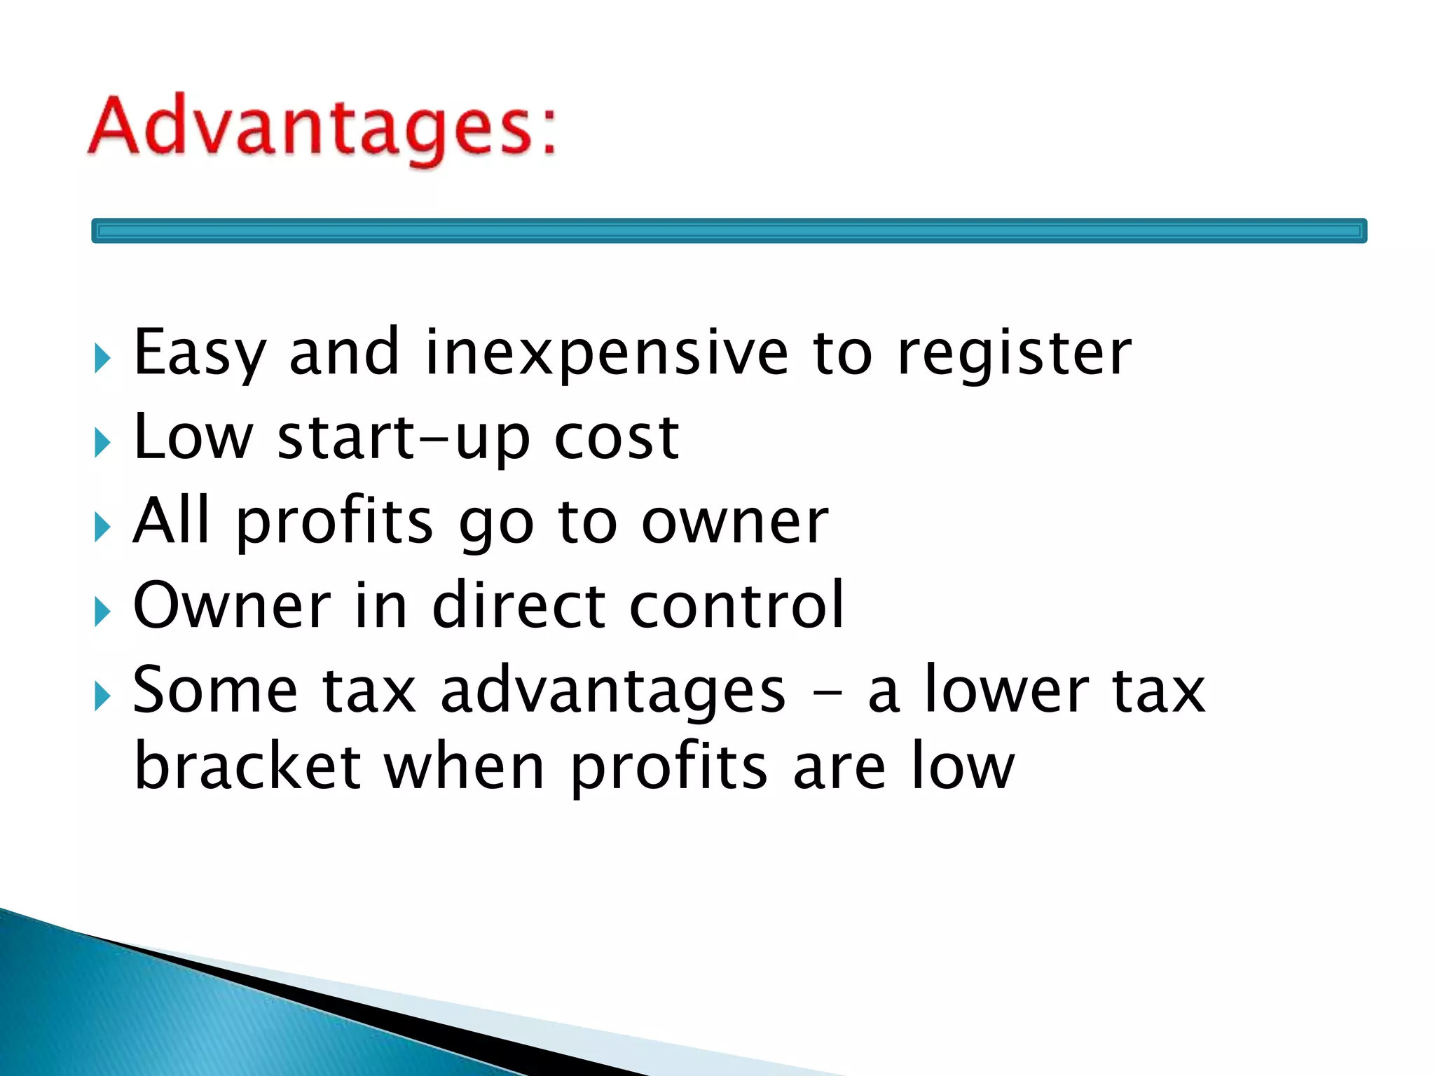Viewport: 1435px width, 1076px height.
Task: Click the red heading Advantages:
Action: [x=322, y=129]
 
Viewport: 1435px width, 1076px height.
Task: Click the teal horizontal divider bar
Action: [x=729, y=230]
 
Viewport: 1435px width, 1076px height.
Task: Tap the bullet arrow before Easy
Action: [x=102, y=359]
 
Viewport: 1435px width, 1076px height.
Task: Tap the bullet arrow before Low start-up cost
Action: [x=102, y=443]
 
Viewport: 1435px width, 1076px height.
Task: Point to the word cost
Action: [x=617, y=438]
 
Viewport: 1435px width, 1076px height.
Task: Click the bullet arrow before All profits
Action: [x=102, y=527]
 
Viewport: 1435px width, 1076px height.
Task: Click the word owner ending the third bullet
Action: [x=735, y=523]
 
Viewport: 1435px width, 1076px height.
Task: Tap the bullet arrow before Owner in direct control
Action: [x=102, y=612]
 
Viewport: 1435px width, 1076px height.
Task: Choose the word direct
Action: [x=519, y=605]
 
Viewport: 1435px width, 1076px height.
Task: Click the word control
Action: [x=736, y=605]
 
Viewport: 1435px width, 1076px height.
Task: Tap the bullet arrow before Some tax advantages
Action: [x=102, y=697]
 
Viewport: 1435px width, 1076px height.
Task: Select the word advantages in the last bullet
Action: [x=613, y=693]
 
